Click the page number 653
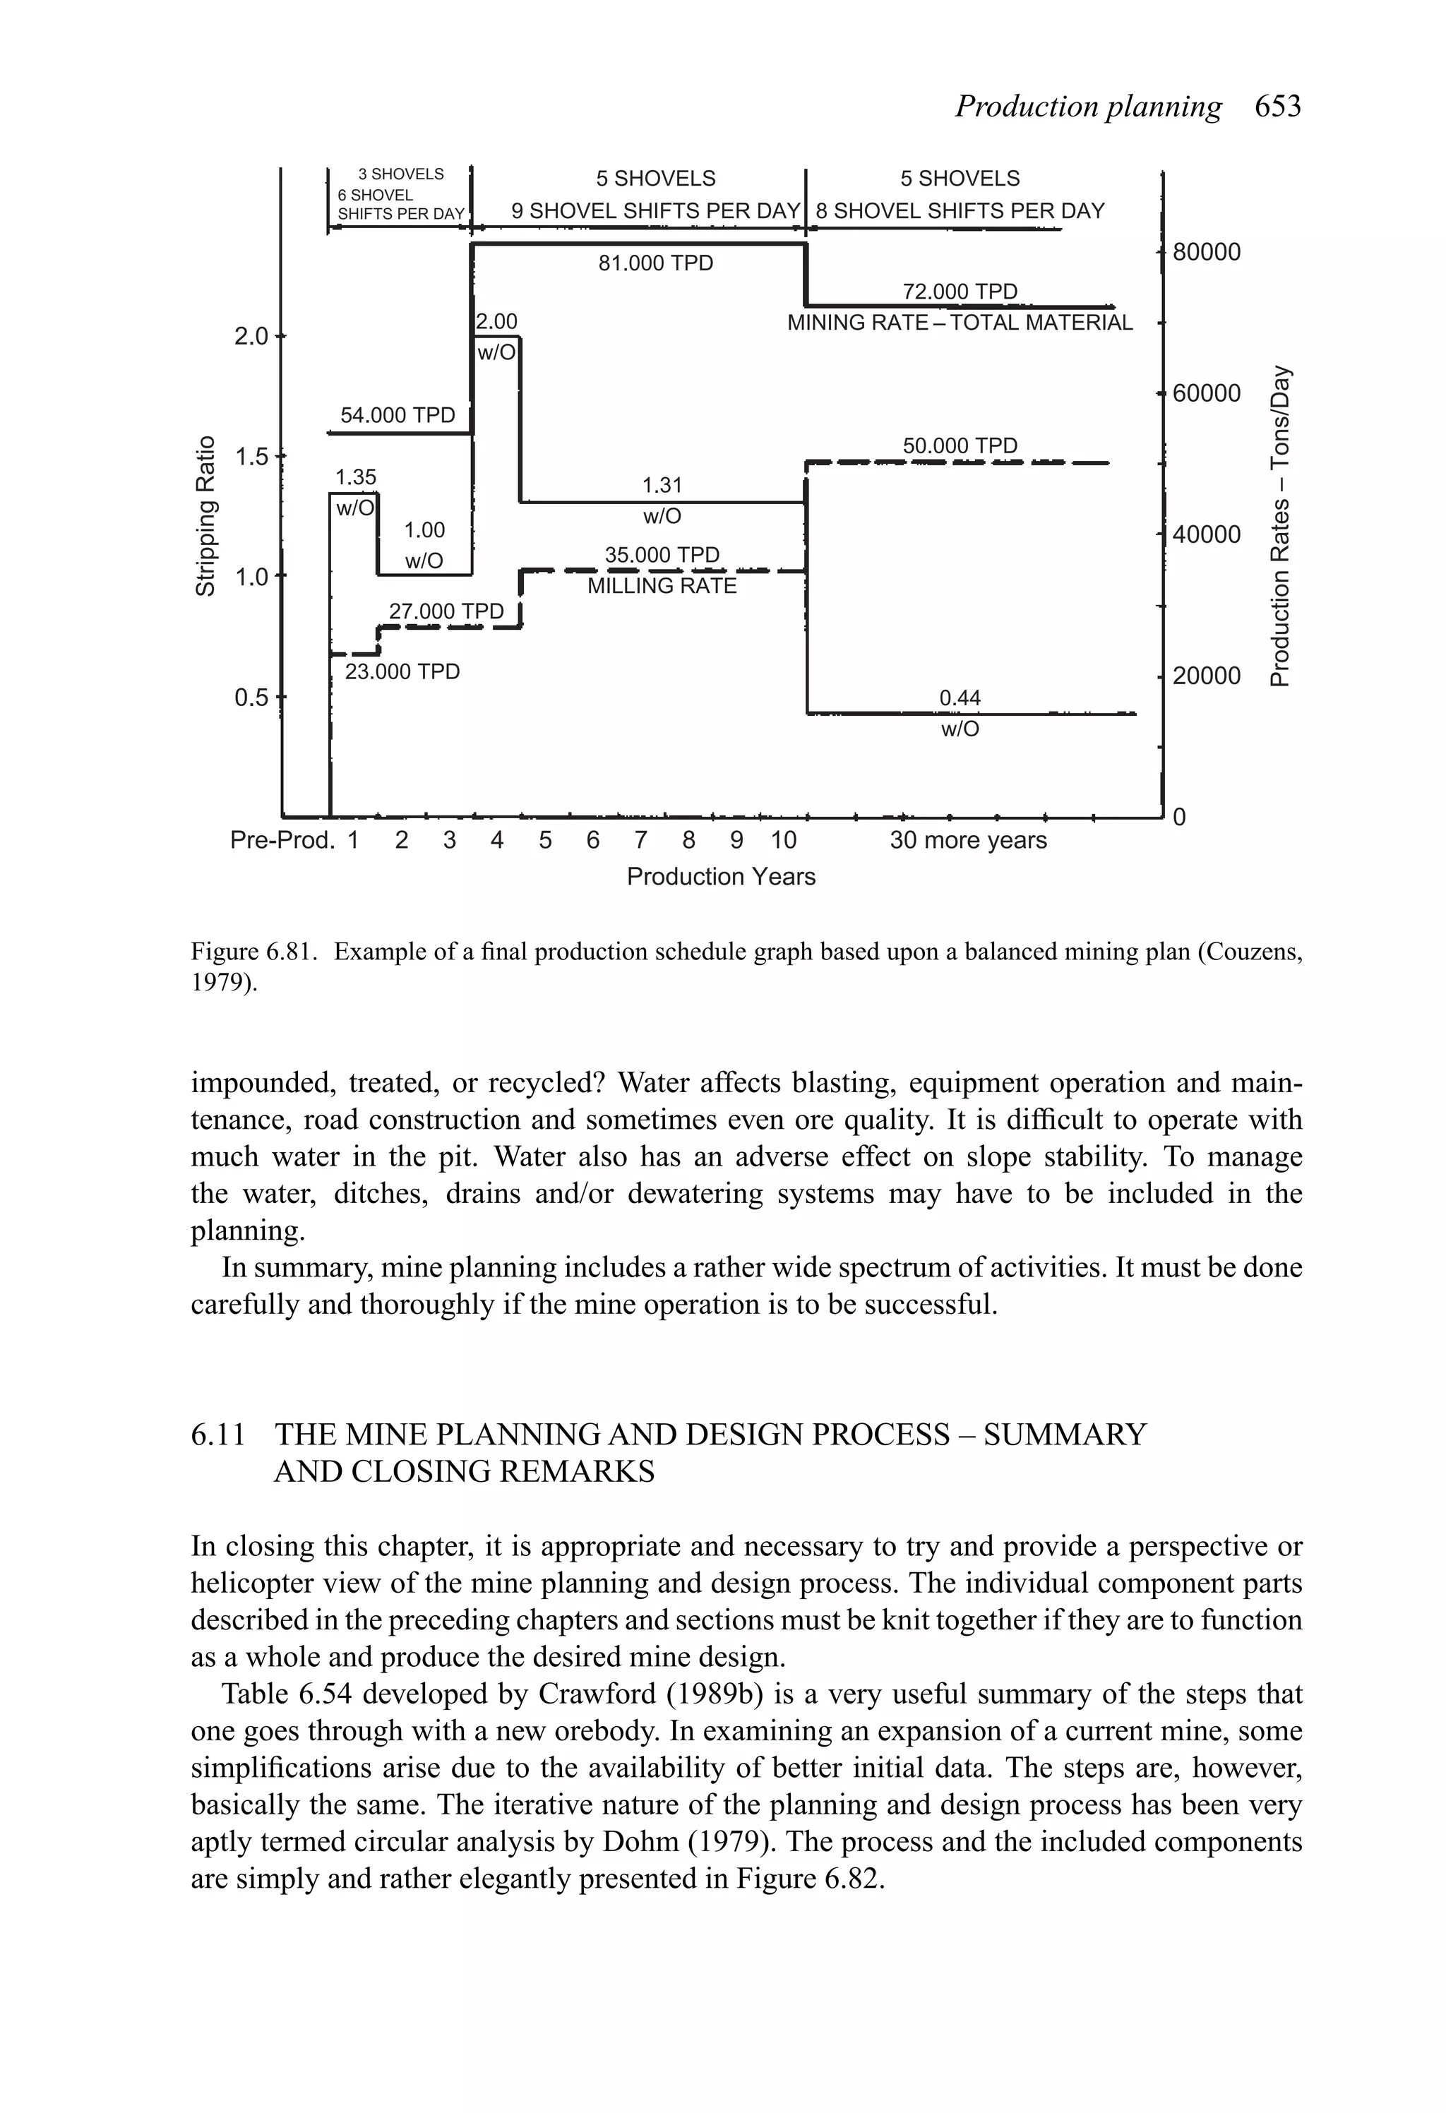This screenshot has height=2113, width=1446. point(1278,107)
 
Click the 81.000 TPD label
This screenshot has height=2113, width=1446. point(656,263)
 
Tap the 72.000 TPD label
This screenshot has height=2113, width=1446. point(960,292)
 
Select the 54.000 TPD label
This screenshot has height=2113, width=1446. point(398,416)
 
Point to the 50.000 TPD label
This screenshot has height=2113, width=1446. point(960,445)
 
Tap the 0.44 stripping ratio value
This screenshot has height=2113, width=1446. point(960,698)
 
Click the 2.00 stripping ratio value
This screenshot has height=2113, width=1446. point(496,322)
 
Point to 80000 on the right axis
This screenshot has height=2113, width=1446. point(1206,253)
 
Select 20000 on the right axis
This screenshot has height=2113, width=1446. point(1206,676)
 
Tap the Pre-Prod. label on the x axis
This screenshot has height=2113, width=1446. point(282,841)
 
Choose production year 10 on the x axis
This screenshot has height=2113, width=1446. point(783,841)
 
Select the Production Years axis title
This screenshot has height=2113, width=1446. point(721,878)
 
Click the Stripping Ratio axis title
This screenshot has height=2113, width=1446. point(206,517)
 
